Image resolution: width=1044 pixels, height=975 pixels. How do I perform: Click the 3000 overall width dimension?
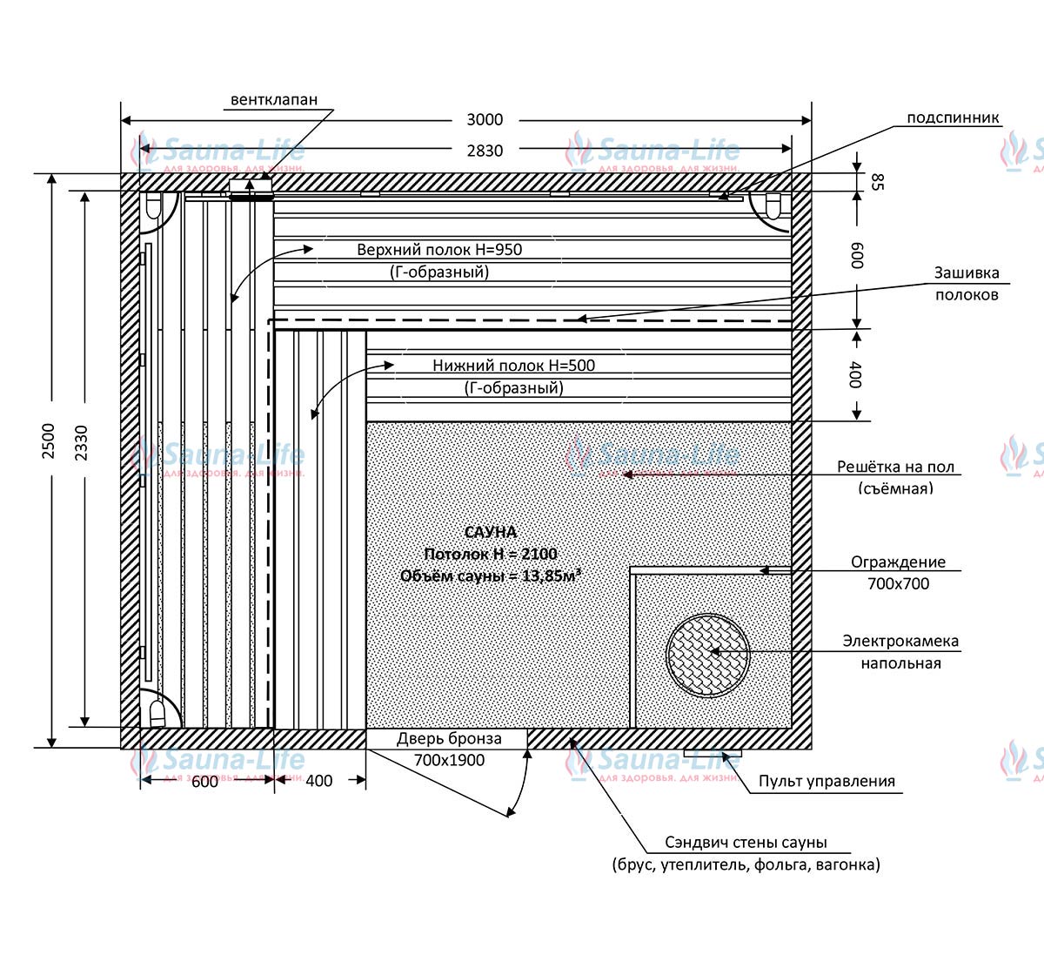(485, 120)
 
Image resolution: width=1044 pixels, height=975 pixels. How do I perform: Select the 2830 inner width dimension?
(485, 151)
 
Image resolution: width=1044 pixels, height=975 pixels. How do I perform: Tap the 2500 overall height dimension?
(49, 441)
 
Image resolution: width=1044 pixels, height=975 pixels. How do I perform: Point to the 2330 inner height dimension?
(81, 443)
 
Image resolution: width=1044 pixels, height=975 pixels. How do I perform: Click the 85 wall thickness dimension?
(877, 182)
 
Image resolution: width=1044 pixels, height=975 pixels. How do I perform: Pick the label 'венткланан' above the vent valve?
(274, 99)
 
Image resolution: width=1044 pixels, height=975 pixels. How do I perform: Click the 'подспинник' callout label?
(953, 118)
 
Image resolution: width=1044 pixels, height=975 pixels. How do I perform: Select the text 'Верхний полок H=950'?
(439, 249)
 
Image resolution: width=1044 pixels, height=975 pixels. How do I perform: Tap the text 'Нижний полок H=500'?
(513, 365)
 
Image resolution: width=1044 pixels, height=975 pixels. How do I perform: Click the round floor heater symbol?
(707, 656)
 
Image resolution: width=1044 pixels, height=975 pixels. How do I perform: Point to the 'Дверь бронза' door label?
(449, 738)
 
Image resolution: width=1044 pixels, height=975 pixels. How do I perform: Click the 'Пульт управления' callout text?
(826, 781)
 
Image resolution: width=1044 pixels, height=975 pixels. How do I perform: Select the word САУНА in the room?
(491, 532)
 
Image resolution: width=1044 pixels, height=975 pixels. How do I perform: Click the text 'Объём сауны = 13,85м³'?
(491, 575)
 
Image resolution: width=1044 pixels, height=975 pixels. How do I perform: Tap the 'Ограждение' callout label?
(898, 562)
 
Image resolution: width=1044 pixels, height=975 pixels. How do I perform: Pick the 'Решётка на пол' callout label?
(895, 467)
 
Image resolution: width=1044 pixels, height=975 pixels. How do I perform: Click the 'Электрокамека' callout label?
(900, 641)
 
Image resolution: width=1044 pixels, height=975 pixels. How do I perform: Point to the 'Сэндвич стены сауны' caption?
(746, 843)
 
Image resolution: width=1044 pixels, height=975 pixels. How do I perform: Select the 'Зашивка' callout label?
(967, 272)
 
